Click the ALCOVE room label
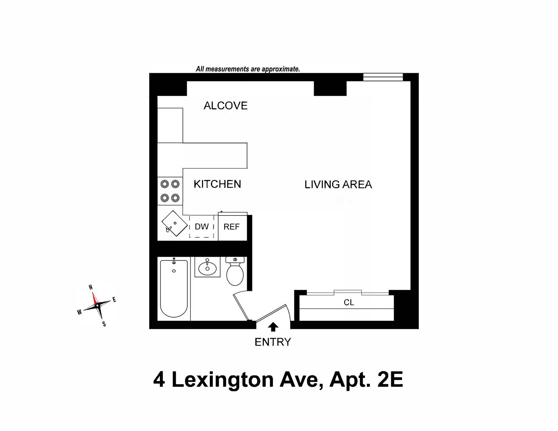tap(226, 106)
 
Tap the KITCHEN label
tap(217, 184)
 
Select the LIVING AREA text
tap(338, 184)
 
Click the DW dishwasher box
tap(202, 227)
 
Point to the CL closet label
tap(349, 303)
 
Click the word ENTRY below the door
tap(273, 342)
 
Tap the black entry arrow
tap(273, 327)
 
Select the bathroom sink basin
tap(207, 267)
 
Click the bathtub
tap(174, 289)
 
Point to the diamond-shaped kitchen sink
tap(174, 223)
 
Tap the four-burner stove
tap(170, 191)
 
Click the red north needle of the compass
tap(94, 298)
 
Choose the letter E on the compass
tap(114, 300)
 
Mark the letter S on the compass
tap(104, 324)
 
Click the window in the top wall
tap(383, 77)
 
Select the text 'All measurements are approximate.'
tap(248, 69)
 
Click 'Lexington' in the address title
tap(223, 380)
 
